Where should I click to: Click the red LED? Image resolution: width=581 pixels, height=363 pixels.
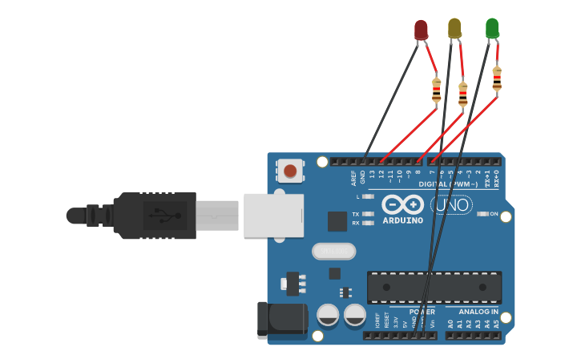[x=421, y=30]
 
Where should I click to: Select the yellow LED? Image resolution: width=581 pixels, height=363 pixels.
[x=454, y=28]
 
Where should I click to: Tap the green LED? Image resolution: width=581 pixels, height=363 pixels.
[x=492, y=28]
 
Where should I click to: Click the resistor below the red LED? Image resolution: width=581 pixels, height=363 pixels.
[x=436, y=90]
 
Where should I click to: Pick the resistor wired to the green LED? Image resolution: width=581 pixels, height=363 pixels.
[x=497, y=79]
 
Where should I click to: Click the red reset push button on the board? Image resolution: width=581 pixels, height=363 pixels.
[x=290, y=170]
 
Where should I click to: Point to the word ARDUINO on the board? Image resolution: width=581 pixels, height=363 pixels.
[x=402, y=220]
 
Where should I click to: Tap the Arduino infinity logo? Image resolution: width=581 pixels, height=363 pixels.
[x=401, y=204]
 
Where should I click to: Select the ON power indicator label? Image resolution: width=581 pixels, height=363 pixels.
[x=494, y=214]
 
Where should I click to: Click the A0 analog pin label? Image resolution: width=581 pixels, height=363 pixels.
[x=450, y=324]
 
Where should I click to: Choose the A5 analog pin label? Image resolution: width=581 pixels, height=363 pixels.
[x=497, y=324]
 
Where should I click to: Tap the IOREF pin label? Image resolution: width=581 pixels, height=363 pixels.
[x=377, y=321]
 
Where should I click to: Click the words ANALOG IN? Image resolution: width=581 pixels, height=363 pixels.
[x=478, y=311]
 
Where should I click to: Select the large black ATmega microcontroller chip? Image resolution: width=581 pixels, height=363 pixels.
[x=434, y=286]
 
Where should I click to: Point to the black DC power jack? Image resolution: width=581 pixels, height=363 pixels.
[x=281, y=319]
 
